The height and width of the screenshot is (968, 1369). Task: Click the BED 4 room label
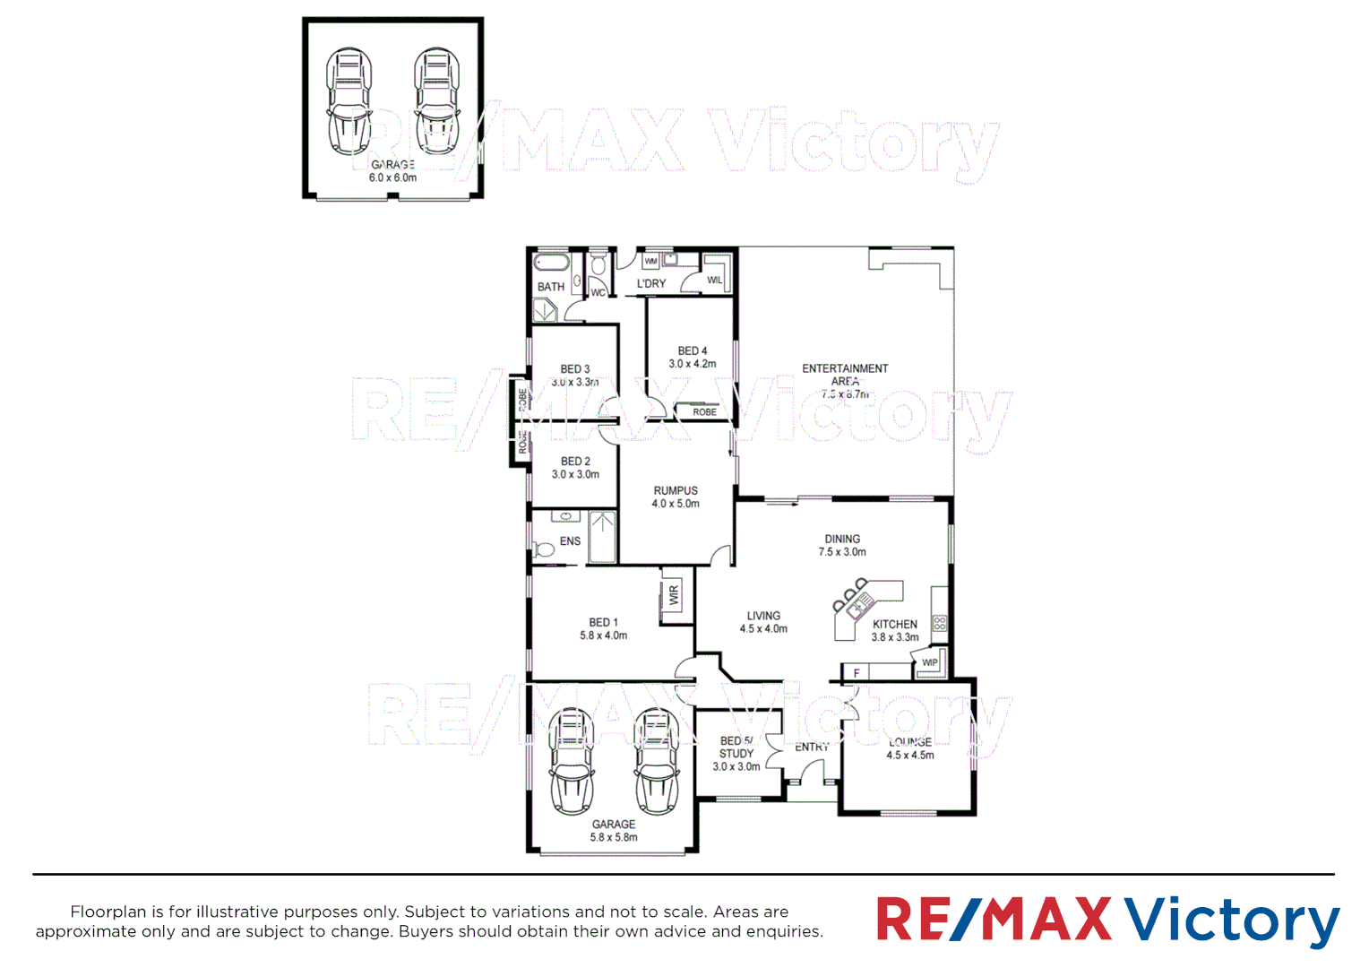pyautogui.click(x=692, y=351)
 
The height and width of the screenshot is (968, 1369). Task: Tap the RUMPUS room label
pyautogui.click(x=676, y=491)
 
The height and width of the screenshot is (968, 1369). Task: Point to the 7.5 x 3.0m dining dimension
pyautogui.click(x=842, y=552)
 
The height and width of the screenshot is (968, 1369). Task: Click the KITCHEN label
pyautogui.click(x=895, y=625)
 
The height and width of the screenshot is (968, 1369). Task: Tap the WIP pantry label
pyautogui.click(x=930, y=663)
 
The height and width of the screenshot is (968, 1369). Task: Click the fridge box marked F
pyautogui.click(x=857, y=673)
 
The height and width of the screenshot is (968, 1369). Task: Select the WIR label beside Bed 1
pyautogui.click(x=674, y=595)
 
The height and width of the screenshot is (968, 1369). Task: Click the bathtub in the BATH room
pyautogui.click(x=551, y=264)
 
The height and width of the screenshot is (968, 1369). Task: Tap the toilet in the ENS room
pyautogui.click(x=543, y=549)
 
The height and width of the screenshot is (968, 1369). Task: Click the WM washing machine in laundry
pyautogui.click(x=651, y=261)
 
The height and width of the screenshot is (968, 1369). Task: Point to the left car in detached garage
pyautogui.click(x=349, y=100)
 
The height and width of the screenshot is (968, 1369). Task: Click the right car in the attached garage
pyautogui.click(x=657, y=762)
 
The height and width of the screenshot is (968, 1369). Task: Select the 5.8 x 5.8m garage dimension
pyautogui.click(x=614, y=838)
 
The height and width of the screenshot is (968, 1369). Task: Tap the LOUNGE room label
pyautogui.click(x=910, y=742)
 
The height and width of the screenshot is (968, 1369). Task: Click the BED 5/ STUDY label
pyautogui.click(x=736, y=748)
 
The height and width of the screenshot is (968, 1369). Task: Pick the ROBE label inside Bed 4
pyautogui.click(x=704, y=412)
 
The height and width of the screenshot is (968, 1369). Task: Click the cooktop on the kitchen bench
pyautogui.click(x=939, y=622)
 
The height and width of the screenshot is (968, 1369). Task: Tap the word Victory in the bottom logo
pyautogui.click(x=1232, y=920)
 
